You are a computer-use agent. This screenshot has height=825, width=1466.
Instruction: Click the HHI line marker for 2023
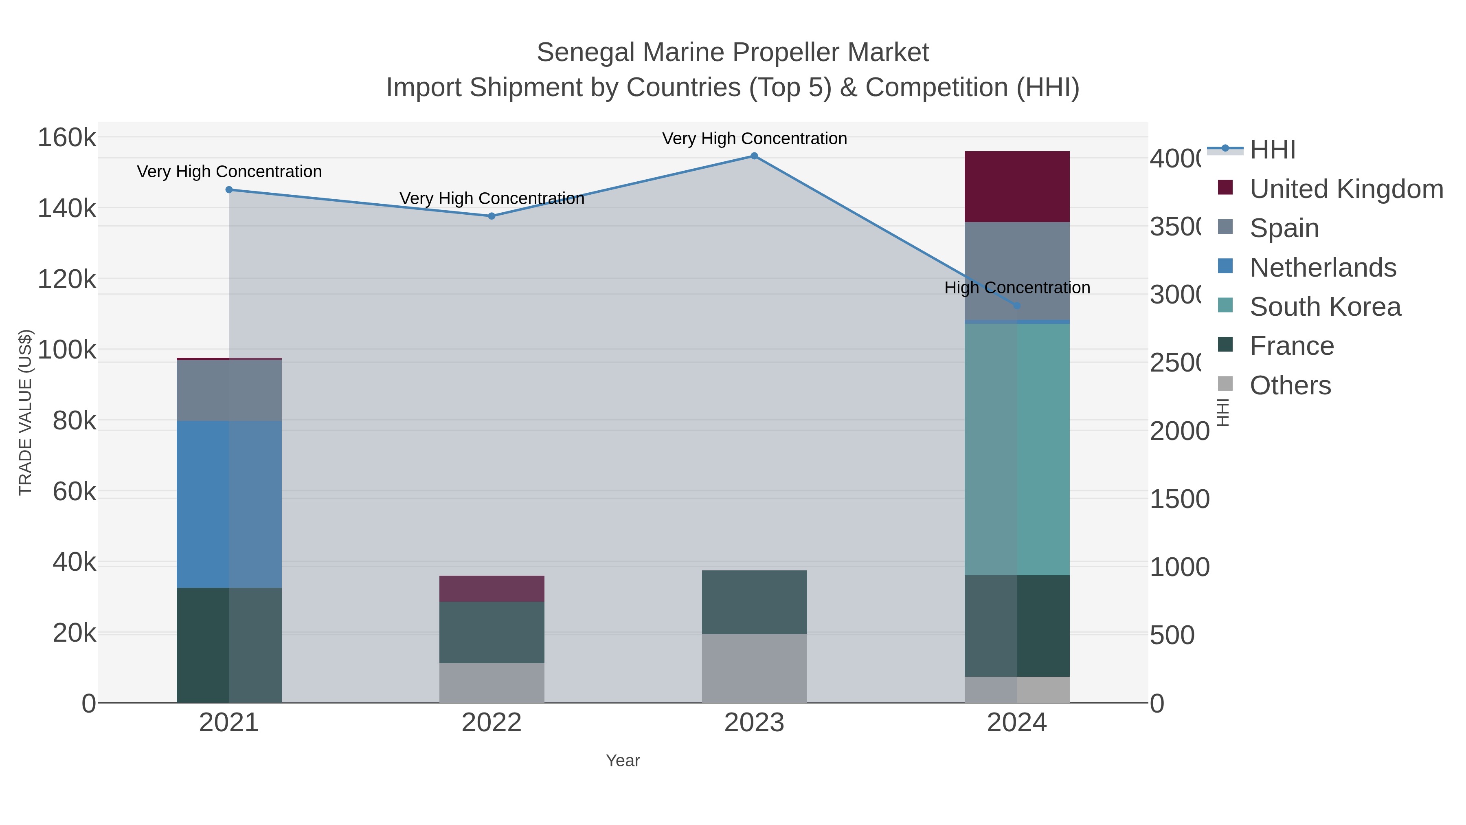point(754,156)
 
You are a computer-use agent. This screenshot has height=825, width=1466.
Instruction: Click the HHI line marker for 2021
point(229,189)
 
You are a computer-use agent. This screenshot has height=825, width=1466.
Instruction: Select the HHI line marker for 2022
point(492,216)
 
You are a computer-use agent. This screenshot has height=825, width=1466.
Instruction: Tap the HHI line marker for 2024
point(1017,306)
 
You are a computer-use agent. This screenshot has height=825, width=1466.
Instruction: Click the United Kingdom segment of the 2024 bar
point(1017,187)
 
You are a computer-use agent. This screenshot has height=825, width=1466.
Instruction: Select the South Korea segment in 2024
point(1017,450)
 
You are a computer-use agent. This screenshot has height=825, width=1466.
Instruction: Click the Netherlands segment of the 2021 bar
point(229,504)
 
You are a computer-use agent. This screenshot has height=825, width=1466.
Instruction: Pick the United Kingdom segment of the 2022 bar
point(492,589)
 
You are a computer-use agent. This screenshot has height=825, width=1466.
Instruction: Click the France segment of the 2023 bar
point(754,602)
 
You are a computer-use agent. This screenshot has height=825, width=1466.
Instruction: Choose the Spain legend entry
point(1284,228)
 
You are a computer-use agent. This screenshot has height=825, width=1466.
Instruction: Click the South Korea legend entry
point(1325,307)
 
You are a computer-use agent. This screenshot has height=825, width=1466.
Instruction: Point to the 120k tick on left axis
point(67,279)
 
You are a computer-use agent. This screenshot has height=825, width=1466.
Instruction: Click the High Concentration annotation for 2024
point(1017,288)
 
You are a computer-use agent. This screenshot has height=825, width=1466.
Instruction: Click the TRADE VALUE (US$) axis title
point(26,412)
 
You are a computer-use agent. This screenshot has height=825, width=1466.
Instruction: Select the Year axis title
point(623,761)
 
